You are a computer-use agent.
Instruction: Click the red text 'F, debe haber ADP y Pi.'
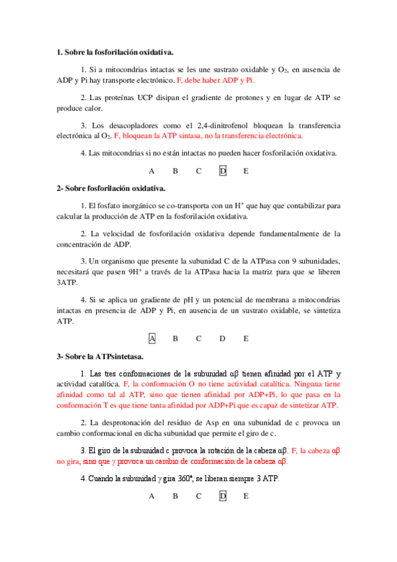tap(215, 80)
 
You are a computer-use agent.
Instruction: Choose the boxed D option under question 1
tap(223, 171)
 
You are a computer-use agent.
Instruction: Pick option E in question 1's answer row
tap(246, 171)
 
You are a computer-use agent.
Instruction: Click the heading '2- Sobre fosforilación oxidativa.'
tap(111, 188)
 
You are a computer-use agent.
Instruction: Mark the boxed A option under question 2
tap(152, 339)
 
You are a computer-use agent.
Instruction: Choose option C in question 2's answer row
tap(198, 339)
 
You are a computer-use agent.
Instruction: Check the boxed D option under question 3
tap(223, 496)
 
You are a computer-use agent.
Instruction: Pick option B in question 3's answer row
tap(175, 496)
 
